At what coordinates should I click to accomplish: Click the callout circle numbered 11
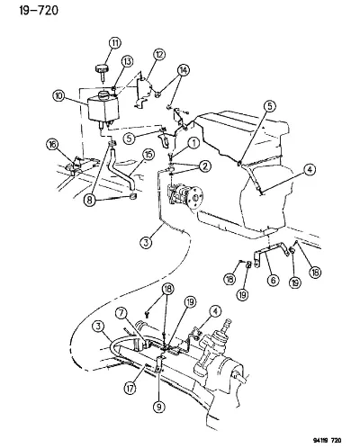(x=114, y=43)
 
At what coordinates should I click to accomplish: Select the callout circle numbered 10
(x=58, y=96)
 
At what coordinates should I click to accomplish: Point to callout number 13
(x=127, y=62)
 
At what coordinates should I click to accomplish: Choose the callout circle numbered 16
(x=52, y=145)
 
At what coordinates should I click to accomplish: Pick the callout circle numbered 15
(x=148, y=155)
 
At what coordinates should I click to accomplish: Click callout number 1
(x=193, y=143)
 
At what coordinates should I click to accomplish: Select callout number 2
(x=205, y=166)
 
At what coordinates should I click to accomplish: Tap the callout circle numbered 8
(x=89, y=200)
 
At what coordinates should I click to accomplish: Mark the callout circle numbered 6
(x=273, y=281)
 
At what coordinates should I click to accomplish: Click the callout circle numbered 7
(x=122, y=314)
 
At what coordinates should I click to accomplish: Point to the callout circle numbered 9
(x=158, y=407)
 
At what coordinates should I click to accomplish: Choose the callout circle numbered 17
(x=130, y=388)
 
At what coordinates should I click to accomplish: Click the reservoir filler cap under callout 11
(x=102, y=72)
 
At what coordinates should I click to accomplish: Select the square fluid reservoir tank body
(x=103, y=107)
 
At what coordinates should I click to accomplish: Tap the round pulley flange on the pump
(x=195, y=197)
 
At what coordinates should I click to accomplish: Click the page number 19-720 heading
(x=39, y=11)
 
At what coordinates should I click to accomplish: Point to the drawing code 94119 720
(x=327, y=440)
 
